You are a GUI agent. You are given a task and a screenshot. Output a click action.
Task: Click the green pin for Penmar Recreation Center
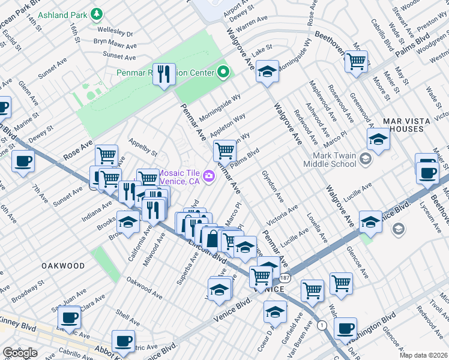pos(223,73)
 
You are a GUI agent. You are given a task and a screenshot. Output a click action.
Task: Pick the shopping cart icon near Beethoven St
pos(356,61)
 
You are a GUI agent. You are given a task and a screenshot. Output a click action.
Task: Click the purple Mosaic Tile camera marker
pos(209,175)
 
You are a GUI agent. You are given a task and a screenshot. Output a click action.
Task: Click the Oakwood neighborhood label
pos(63,265)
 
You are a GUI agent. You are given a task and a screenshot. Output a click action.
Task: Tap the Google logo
pos(20,352)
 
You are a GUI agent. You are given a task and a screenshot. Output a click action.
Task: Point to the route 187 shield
pos(285,278)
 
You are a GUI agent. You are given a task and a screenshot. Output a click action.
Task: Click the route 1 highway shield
pos(322,325)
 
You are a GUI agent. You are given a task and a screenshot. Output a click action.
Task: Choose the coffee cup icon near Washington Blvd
pos(345,328)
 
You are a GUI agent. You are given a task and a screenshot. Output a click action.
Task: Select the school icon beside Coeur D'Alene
pos(275,311)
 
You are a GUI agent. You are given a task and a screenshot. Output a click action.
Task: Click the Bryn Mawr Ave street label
pos(115,43)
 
